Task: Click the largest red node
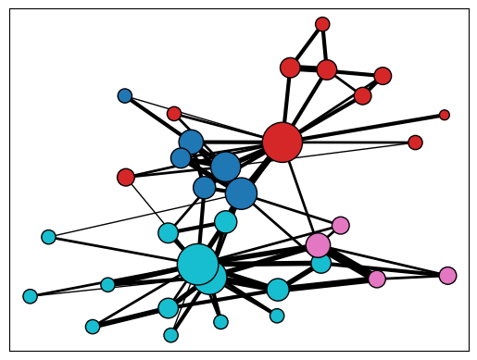pos(282,143)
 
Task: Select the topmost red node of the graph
pos(322,24)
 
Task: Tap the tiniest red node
pos(445,115)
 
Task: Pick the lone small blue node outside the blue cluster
pos(125,95)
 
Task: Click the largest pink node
pos(318,244)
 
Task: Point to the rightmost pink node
pos(447,275)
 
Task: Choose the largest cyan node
pos(197,264)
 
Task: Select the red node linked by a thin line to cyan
pos(126,177)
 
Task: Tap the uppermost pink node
pos(341,225)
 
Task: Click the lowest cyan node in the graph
pos(170,335)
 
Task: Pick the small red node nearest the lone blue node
pos(174,114)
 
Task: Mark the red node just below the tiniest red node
pos(415,143)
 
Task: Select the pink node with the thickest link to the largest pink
pos(376,279)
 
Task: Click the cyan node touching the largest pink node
pos(321,263)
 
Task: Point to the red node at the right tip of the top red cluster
pos(383,76)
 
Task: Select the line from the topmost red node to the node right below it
pos(324,46)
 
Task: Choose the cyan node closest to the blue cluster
pos(226,222)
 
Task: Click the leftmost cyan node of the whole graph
pos(31,296)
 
